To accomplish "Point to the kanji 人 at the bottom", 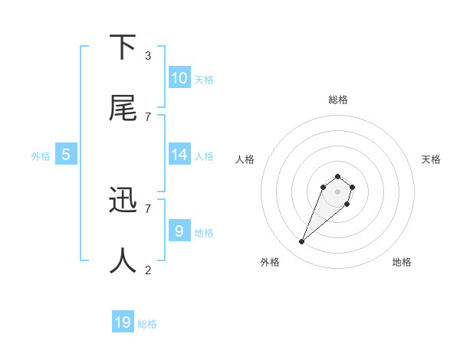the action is (123, 260).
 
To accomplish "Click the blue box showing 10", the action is (179, 78).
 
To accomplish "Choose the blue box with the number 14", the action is (179, 155).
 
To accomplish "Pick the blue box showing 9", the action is (179, 231).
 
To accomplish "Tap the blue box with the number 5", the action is (66, 155).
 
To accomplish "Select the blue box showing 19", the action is (123, 322).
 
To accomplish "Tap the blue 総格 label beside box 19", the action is (147, 324).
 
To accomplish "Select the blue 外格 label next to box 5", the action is (41, 155).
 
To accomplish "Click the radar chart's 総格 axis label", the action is (337, 100).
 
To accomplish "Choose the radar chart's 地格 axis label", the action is (402, 262).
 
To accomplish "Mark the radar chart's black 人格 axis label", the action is (245, 159).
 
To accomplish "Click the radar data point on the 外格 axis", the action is (302, 242).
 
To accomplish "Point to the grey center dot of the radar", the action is (337, 191).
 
